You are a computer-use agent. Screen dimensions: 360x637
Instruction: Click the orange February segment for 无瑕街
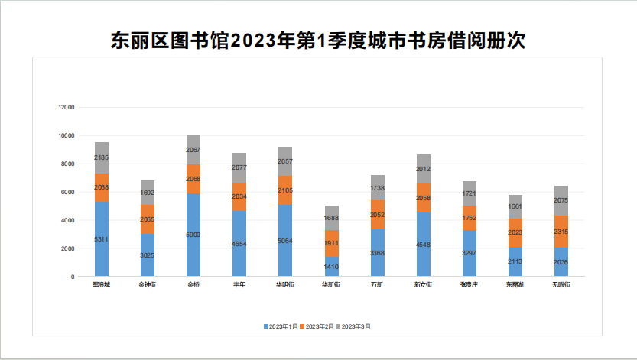coord(561,232)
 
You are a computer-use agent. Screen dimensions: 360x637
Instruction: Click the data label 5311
coord(102,239)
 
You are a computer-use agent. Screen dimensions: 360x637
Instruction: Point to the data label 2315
coord(561,231)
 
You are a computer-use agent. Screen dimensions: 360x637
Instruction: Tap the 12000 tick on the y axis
coord(67,108)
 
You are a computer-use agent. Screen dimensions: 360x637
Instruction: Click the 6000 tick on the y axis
coord(68,192)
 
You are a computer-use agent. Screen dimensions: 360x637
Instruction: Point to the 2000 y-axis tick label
coord(68,248)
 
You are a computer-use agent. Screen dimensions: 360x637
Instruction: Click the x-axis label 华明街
coord(285,285)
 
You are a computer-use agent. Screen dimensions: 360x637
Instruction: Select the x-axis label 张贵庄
coord(469,285)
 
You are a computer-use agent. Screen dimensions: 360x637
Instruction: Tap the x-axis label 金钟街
coord(148,285)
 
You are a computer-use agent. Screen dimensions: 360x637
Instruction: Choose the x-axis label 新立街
coord(423,285)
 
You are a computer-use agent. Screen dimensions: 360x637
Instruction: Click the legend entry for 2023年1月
coord(282,326)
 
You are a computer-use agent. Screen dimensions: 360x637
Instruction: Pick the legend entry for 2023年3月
coord(356,326)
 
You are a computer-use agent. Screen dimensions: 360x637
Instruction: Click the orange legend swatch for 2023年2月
coord(302,326)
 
